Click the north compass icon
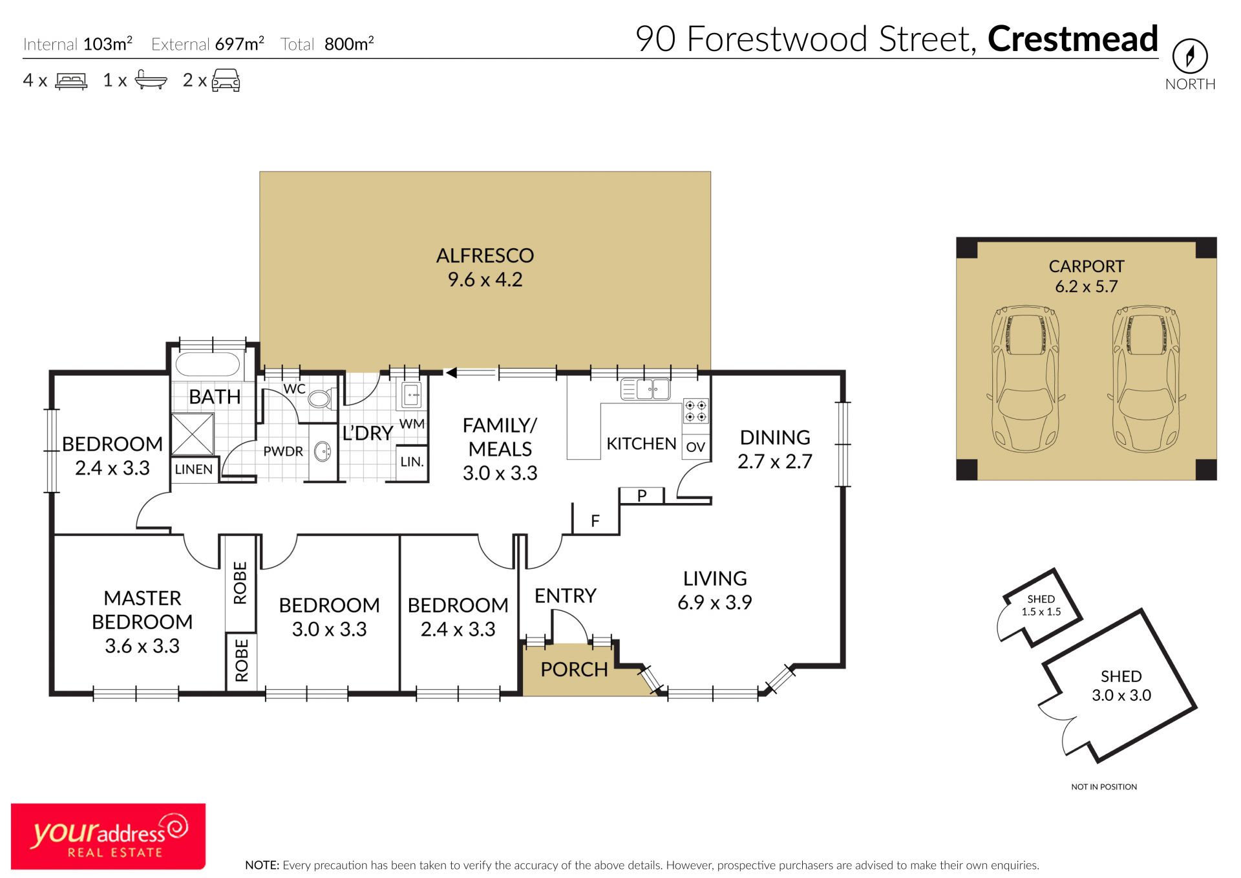[x=1189, y=56]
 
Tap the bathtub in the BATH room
[x=207, y=364]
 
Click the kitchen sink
[x=645, y=389]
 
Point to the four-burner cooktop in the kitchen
[x=695, y=411]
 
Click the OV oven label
[x=695, y=447]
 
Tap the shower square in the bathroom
[x=193, y=434]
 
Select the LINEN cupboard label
[x=193, y=469]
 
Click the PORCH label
[x=574, y=669]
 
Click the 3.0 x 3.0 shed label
[x=1121, y=686]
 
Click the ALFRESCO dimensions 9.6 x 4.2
[x=485, y=279]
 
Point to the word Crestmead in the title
[x=1072, y=39]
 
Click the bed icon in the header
[x=71, y=81]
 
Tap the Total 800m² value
[x=349, y=43]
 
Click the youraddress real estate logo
[x=109, y=836]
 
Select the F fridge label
[x=595, y=520]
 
